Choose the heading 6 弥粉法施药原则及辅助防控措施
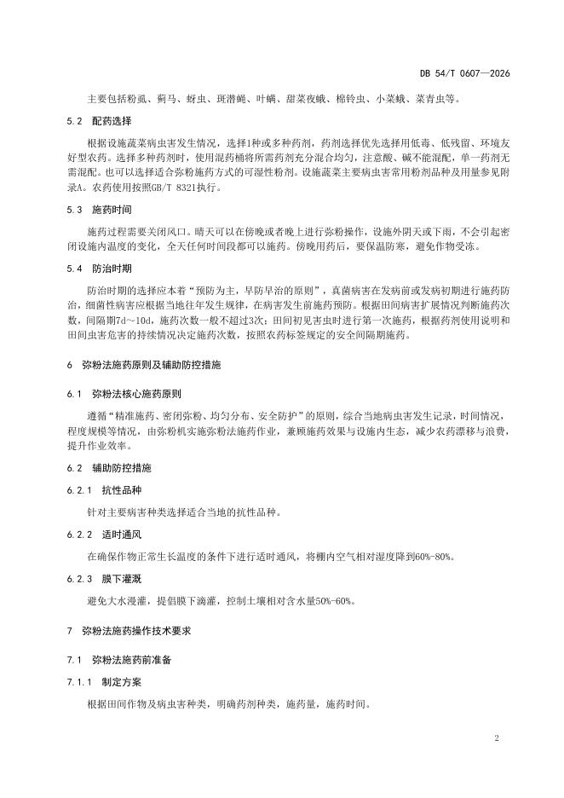point(143,364)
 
